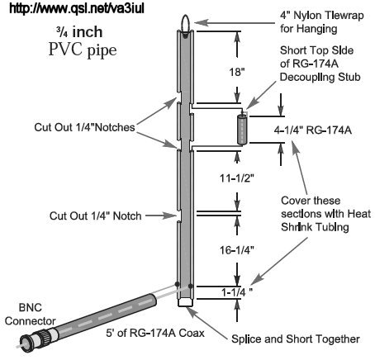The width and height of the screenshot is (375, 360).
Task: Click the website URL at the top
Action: coord(77,8)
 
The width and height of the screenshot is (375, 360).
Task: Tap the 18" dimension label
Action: coord(237,72)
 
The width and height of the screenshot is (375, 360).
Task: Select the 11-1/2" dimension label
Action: coord(237,178)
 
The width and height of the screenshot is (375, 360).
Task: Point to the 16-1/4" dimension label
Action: coord(237,250)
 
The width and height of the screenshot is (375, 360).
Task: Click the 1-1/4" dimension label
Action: coord(237,292)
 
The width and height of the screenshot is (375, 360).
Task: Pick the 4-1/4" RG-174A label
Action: coord(313,130)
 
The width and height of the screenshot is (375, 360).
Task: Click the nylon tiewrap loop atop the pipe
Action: coord(185,26)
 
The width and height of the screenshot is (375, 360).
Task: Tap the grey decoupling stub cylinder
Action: coord(242,130)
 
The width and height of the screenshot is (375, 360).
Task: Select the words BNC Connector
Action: coord(31,314)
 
